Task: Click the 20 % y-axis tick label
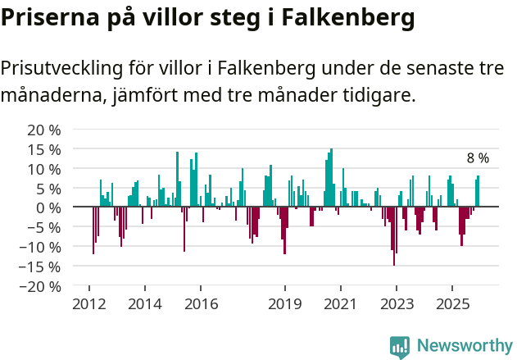coord(44,130)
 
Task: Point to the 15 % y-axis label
coord(44,149)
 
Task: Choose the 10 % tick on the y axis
coord(44,169)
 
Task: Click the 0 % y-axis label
coord(48,207)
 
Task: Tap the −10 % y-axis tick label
coord(41,247)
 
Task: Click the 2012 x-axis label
coord(88,304)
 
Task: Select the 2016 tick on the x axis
coord(201,304)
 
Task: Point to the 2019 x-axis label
coord(285,304)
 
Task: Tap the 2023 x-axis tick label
coord(397,304)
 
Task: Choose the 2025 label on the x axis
coord(452,304)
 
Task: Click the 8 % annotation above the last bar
coord(478,158)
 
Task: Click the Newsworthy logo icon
coord(400,347)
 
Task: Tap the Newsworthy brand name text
coord(465,346)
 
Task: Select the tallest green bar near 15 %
coord(331,178)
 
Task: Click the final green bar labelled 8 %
coord(478,191)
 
